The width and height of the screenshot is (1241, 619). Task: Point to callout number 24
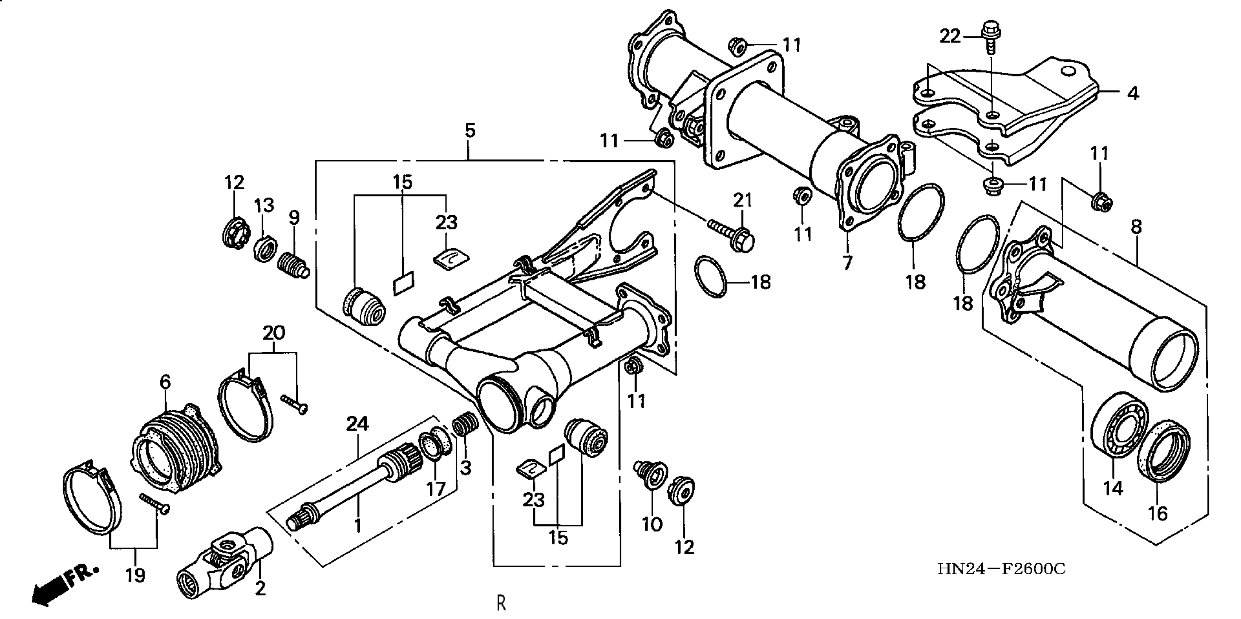pyautogui.click(x=357, y=424)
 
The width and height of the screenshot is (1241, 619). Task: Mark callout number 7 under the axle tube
pyautogui.click(x=847, y=263)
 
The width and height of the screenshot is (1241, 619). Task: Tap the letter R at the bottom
pyautogui.click(x=501, y=603)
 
